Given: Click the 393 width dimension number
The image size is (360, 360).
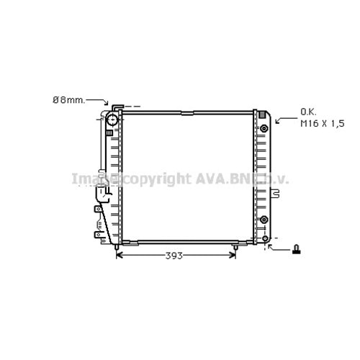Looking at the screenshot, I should point(174,256).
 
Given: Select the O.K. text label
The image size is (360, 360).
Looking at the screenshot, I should point(307,112).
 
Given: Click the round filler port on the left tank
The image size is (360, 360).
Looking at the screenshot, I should point(112,120).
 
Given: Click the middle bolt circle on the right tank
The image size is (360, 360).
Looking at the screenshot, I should point(264,220).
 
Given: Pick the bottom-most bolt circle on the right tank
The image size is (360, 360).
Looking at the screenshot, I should point(265,238).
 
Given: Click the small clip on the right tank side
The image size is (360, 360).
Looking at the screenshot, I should point(274,192).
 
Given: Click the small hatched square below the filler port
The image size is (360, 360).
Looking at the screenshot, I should point(110,132).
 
